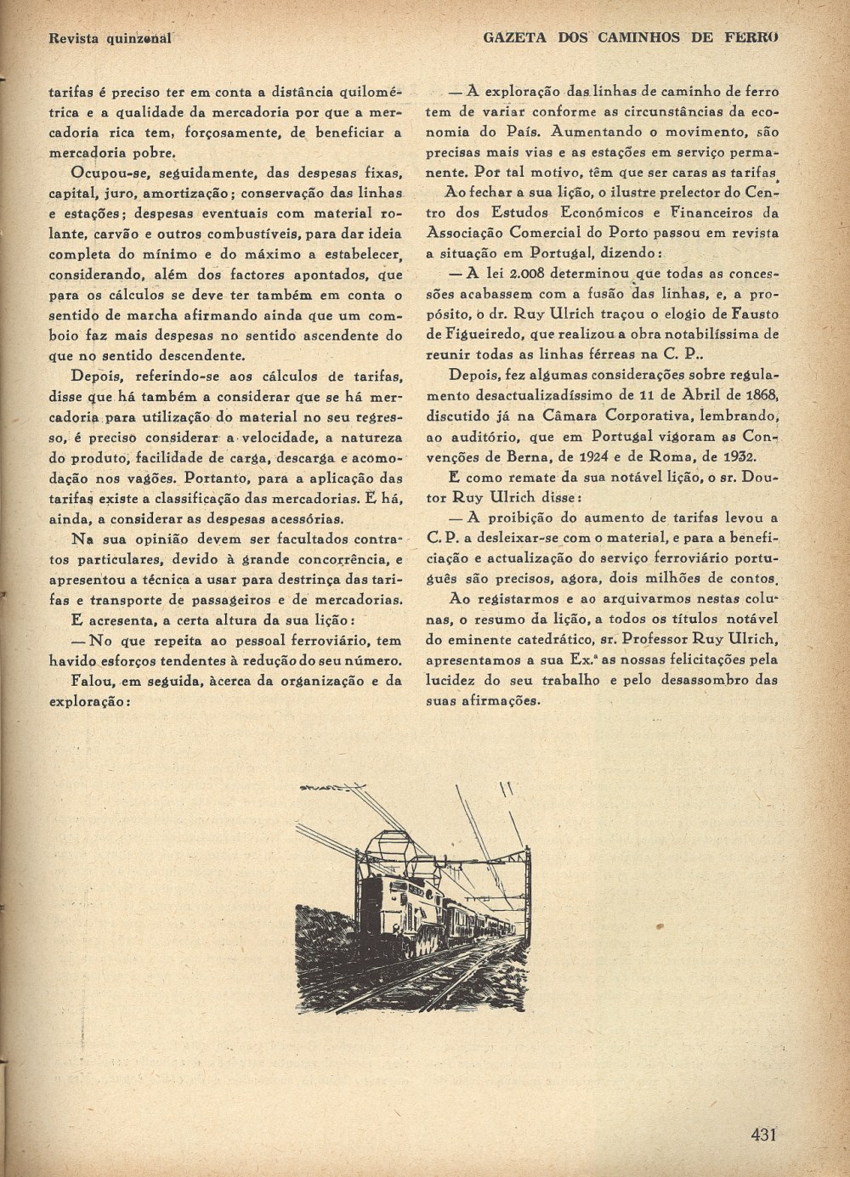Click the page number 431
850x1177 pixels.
coord(765,1134)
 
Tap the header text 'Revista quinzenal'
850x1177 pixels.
coord(110,37)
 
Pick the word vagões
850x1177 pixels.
coord(183,478)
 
